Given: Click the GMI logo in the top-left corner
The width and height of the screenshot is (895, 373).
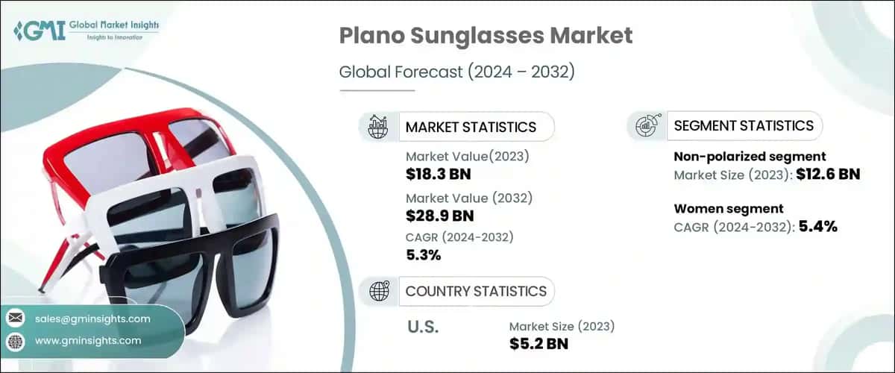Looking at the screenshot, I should tap(86, 31).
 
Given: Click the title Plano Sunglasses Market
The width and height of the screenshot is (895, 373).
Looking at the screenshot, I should tap(486, 35).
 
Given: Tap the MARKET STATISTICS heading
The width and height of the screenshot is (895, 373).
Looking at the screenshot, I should tap(470, 127).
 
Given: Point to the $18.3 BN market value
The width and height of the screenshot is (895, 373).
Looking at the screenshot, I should tap(439, 175).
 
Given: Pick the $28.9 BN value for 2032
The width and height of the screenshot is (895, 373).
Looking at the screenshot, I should tap(439, 216).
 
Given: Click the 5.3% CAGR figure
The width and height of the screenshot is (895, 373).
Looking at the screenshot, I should tap(424, 255).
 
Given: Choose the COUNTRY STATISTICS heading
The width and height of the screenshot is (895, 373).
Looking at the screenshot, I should tap(476, 291).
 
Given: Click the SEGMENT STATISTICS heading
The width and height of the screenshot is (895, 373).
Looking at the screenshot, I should tap(744, 125).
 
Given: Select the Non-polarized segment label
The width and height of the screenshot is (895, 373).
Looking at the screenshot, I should tap(750, 157).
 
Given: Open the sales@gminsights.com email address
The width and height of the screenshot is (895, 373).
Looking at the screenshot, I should tap(92, 319).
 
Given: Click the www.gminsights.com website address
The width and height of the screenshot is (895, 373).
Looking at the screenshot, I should tap(88, 341).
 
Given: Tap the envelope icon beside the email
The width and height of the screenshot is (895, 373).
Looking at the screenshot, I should tap(15, 319).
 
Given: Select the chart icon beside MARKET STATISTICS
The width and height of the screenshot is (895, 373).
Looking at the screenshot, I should tap(378, 127).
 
